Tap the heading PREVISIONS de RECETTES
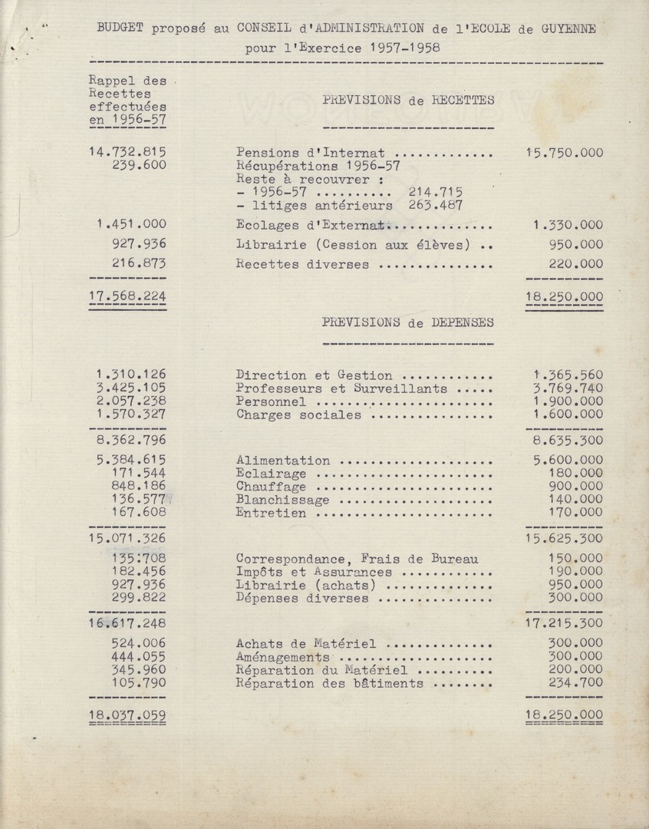[408, 99]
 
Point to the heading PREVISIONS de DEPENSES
[408, 322]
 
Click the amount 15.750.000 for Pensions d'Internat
[564, 152]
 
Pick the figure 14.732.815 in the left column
[127, 152]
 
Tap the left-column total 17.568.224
[127, 296]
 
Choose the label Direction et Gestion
[315, 375]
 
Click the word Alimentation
[284, 461]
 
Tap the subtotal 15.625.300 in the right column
[564, 540]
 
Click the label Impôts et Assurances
[315, 572]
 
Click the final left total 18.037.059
[127, 715]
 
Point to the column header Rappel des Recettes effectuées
[127, 99]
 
